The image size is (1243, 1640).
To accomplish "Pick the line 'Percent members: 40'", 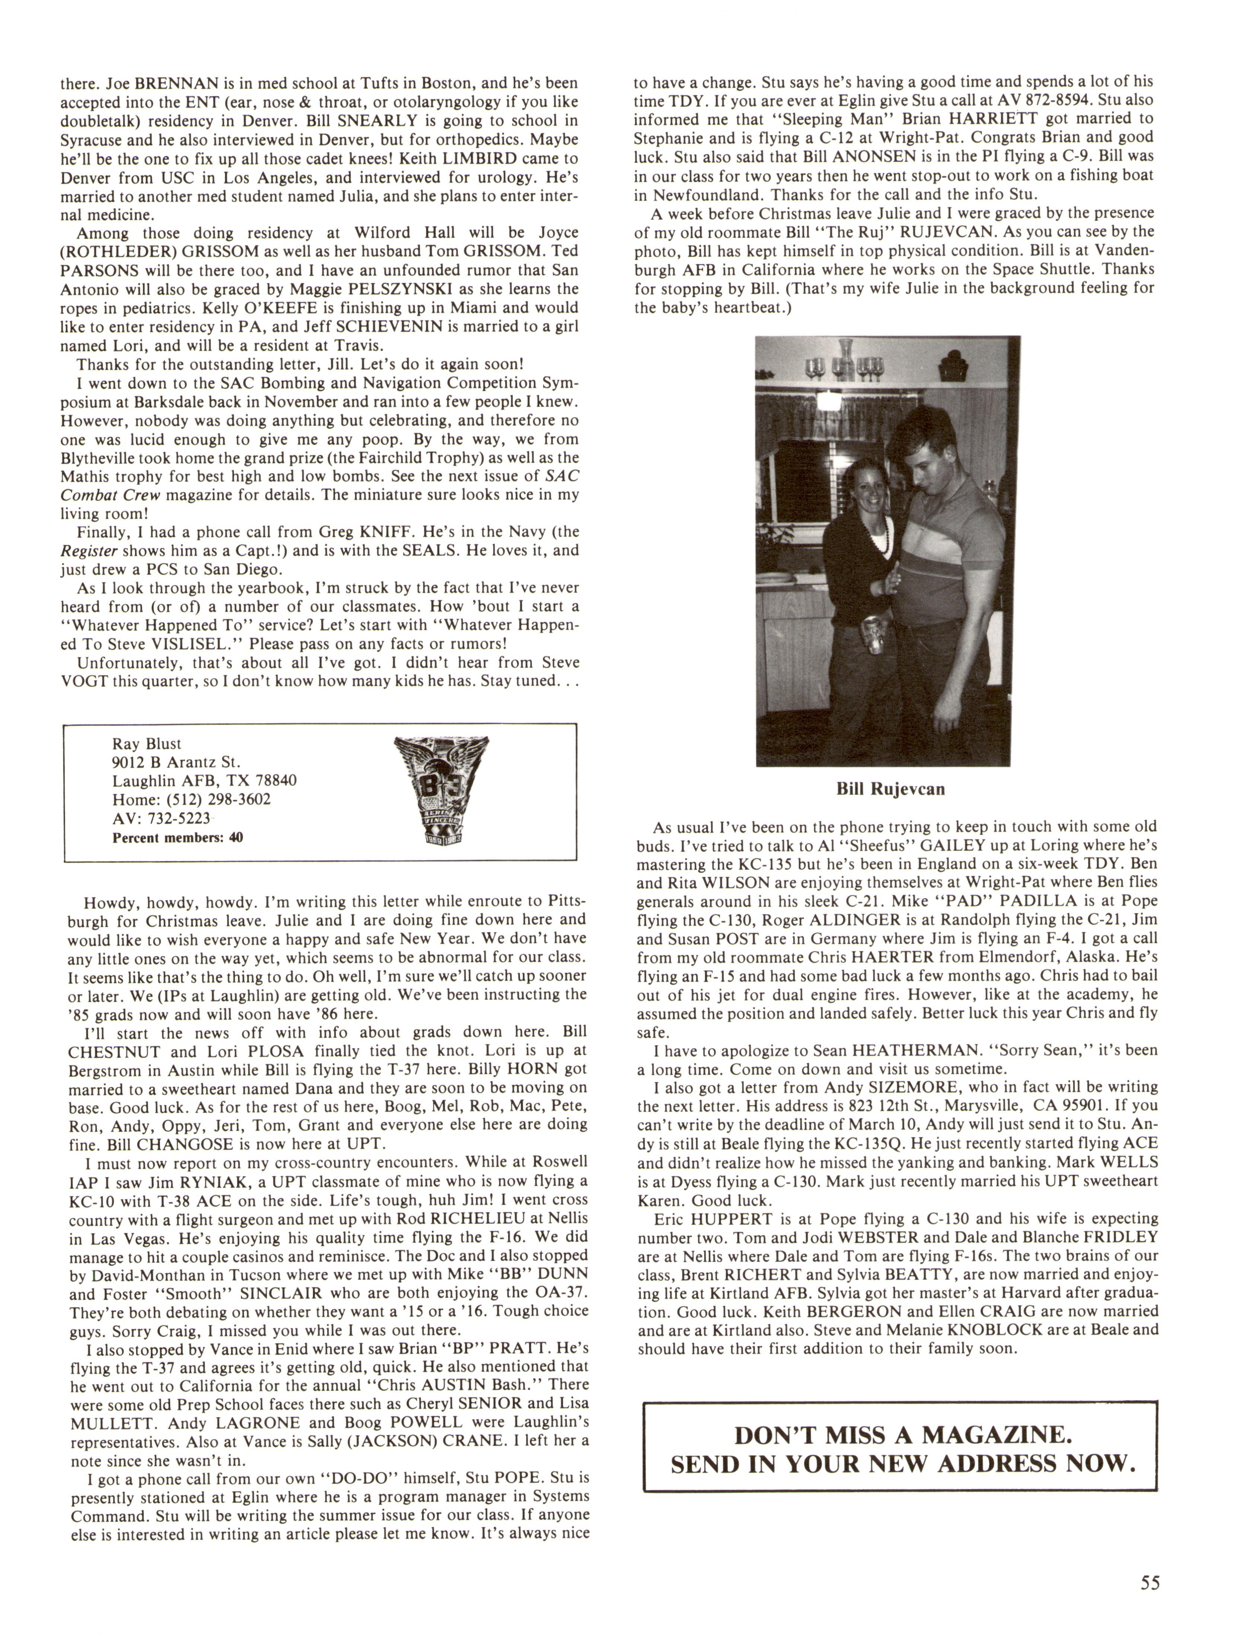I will (x=177, y=838).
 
